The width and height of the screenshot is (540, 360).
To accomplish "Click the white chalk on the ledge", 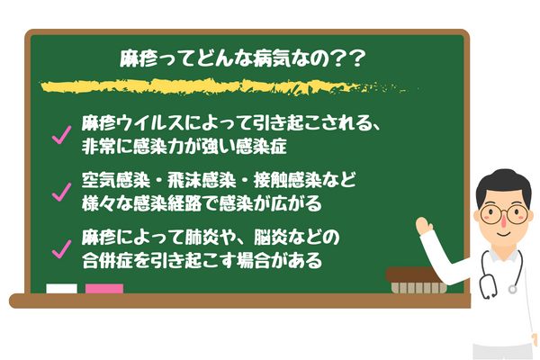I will tap(62, 290).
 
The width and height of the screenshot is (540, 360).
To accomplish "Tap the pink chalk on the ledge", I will tap(103, 290).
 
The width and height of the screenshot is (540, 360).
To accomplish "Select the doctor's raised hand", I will tap(423, 225).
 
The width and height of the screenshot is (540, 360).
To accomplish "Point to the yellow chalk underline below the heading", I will tap(225, 88).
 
